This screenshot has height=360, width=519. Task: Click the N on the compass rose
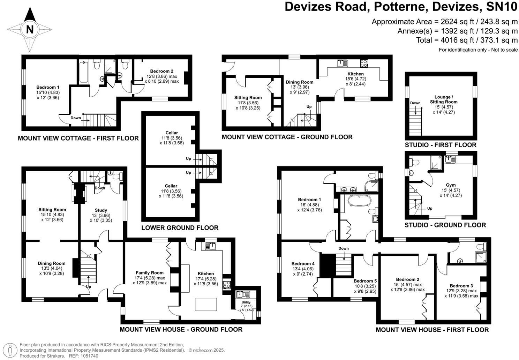click(x=30, y=30)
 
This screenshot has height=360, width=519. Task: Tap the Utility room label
click(x=246, y=302)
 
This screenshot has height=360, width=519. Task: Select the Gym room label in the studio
click(x=451, y=185)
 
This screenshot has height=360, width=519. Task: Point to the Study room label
click(x=101, y=210)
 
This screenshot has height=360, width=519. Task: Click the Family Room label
click(x=150, y=273)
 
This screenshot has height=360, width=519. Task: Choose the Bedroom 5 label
click(x=365, y=281)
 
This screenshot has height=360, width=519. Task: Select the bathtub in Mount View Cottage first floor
click(x=84, y=72)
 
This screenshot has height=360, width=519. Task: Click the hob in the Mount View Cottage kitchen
click(x=364, y=63)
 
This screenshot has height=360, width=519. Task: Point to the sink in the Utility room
click(x=241, y=294)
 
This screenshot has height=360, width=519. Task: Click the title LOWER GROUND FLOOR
click(x=180, y=228)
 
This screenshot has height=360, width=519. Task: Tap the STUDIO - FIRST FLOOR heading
click(x=440, y=145)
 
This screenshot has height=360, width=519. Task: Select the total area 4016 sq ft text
click(x=467, y=40)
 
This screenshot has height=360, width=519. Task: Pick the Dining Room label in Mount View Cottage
click(x=300, y=82)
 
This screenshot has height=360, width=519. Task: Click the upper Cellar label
click(x=171, y=133)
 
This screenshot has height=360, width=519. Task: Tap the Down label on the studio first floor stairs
click(x=415, y=103)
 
